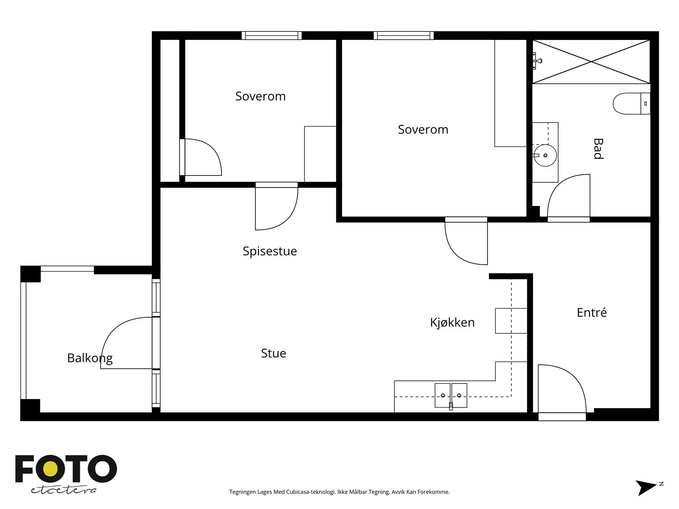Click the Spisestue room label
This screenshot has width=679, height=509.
tap(269, 251)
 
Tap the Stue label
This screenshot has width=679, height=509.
tap(273, 353)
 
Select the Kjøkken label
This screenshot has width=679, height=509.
tap(452, 323)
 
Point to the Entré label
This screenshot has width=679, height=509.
tap(592, 313)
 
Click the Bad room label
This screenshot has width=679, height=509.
tap(598, 148)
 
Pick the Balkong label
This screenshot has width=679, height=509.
tap(90, 358)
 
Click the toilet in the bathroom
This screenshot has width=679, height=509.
tap(631, 103)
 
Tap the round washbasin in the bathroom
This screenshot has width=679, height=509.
tap(545, 155)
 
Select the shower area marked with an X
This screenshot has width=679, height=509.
tap(591, 62)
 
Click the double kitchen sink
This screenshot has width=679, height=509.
tap(451, 396)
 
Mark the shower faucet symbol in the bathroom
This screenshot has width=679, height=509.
tap(536, 61)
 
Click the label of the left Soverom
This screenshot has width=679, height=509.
tap(260, 96)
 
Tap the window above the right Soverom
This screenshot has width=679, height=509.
tap(404, 36)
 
